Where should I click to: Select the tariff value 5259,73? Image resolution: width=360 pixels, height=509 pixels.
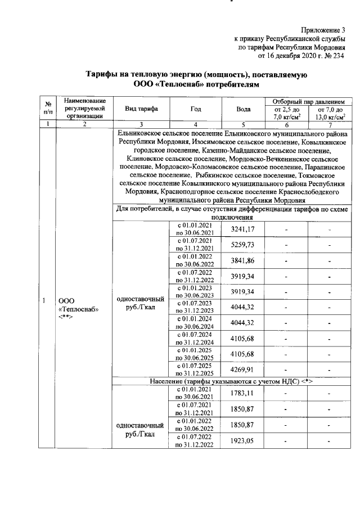point(243,244)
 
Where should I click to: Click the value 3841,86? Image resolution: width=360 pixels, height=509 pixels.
point(243,260)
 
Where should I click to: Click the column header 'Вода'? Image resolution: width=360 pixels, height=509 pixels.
point(244,109)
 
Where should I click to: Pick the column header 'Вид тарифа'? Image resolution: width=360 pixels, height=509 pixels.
point(141,109)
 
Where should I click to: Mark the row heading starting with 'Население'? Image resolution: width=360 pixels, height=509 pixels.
point(231,382)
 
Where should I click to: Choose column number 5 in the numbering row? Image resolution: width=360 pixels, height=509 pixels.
point(244,124)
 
